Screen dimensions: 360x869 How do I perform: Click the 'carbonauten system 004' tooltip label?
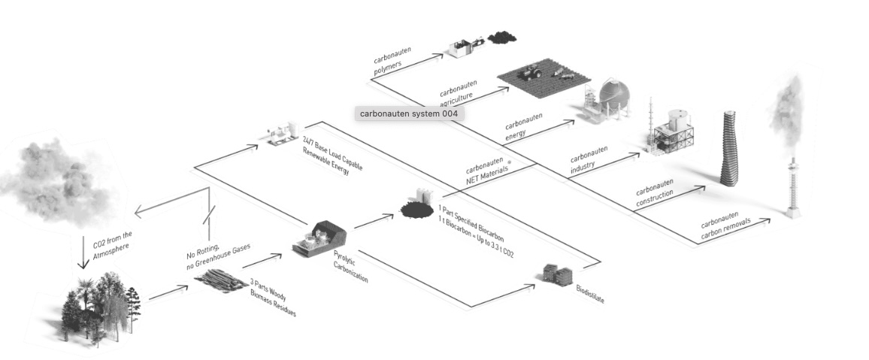coord(408,114)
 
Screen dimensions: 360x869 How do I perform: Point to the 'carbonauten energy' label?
coord(523,126)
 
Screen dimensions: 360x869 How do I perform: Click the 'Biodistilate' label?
coord(590,294)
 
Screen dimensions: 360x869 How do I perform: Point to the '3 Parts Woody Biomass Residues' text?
coord(272,298)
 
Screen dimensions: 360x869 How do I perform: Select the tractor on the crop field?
coord(532,72)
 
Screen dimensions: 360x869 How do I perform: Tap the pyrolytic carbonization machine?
coord(318,238)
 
